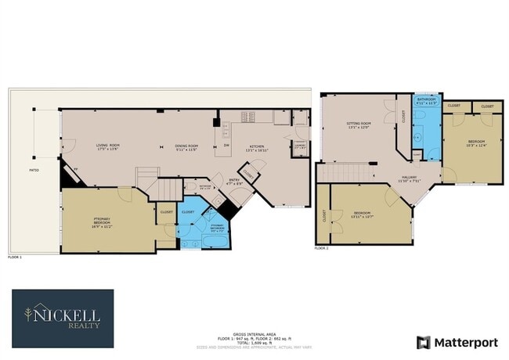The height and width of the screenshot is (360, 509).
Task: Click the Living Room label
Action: (107, 146)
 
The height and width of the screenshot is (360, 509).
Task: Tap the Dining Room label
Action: (186, 146)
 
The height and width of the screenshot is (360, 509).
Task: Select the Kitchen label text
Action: (257, 146)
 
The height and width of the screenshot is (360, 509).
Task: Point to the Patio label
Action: (34, 169)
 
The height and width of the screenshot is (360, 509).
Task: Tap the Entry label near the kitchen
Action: (233, 182)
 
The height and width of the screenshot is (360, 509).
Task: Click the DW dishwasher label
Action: (226, 146)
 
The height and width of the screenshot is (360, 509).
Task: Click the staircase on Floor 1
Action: (166, 189)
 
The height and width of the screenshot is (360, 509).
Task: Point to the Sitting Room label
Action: (358, 124)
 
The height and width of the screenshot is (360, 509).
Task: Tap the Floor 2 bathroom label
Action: (426, 100)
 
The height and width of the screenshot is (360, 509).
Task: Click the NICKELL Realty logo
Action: (63, 318)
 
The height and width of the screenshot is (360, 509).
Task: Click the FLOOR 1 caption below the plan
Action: (15, 257)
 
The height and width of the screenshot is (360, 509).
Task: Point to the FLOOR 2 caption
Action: (322, 247)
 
